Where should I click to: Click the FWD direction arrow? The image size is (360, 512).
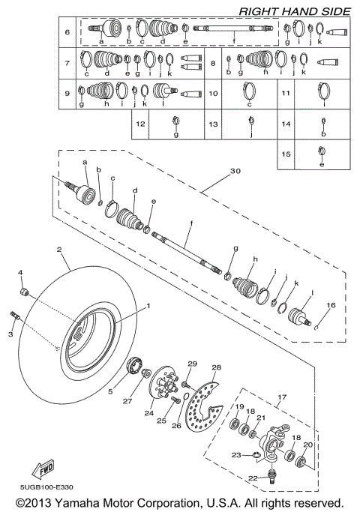pos(40,469)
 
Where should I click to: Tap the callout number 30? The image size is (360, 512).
pos(236,170)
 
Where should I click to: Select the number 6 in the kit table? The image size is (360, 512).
pos(67,32)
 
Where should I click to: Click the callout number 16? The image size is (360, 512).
pos(328,306)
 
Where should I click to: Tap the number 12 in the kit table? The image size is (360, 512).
pos(139,123)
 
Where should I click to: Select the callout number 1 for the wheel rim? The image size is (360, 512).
pos(148,306)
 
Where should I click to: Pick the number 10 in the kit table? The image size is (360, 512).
pos(214,93)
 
